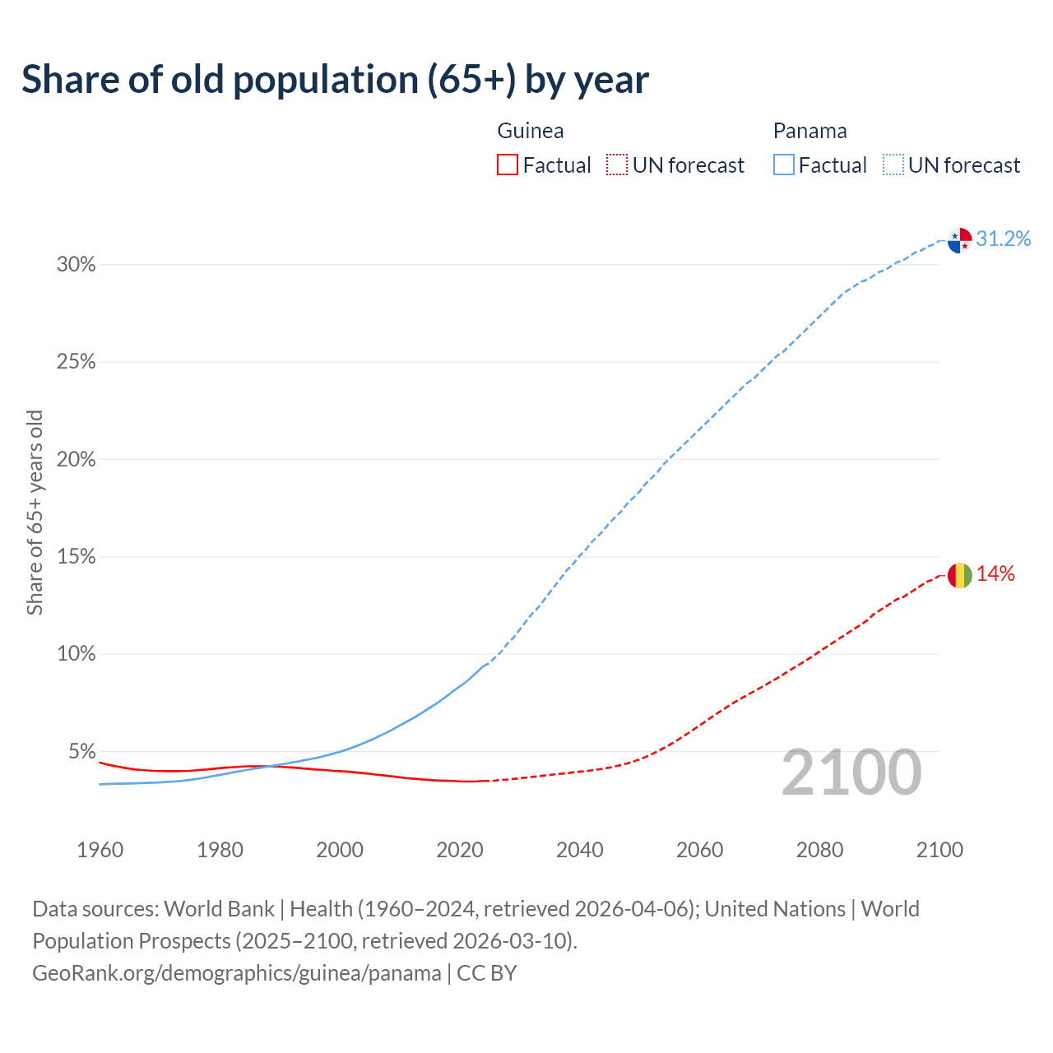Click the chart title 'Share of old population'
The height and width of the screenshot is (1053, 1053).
[335, 80]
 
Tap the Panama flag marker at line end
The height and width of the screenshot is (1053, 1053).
[960, 240]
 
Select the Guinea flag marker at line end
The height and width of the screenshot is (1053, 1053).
[960, 575]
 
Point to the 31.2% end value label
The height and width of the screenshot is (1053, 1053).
[1003, 239]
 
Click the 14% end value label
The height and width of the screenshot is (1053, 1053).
[995, 574]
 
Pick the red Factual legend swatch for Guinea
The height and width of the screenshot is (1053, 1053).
[508, 165]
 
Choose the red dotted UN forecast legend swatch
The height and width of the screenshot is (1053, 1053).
[617, 165]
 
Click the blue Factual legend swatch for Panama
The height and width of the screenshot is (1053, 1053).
[784, 165]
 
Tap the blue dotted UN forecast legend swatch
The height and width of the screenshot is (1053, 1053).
[893, 165]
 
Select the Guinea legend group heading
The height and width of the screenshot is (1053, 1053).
[531, 131]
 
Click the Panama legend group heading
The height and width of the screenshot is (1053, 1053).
[809, 131]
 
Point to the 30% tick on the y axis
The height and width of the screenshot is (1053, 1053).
[76, 265]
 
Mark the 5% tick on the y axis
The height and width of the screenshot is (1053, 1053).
[81, 752]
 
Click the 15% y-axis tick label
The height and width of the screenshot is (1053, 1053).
[76, 557]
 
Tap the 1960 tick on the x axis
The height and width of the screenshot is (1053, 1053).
[100, 850]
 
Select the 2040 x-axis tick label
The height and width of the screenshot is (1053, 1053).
[579, 850]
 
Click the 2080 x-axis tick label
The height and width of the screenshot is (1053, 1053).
[819, 850]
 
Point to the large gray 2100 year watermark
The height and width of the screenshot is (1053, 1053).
[851, 772]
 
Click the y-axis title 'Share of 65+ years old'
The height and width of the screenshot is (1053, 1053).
[35, 512]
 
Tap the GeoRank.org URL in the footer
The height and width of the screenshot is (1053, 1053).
[237, 973]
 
